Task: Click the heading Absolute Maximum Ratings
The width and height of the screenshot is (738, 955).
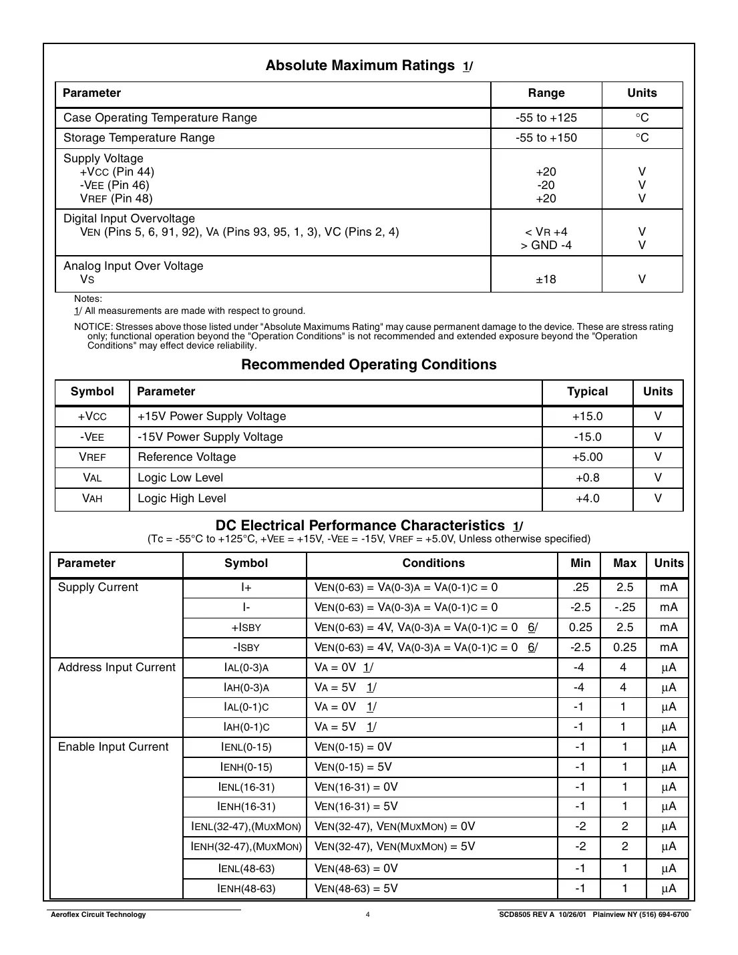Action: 360,65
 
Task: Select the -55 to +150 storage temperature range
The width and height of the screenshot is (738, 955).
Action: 546,138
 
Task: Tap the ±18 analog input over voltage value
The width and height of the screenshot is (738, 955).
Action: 546,279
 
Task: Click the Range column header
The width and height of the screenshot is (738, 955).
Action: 546,93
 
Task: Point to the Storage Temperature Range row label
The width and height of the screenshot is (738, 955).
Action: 139,138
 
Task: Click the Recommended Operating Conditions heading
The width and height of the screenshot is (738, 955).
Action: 369,365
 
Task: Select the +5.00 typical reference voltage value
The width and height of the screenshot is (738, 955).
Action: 587,457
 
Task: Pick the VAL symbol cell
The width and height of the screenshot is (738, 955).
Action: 92,478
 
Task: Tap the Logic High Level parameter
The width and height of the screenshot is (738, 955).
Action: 182,499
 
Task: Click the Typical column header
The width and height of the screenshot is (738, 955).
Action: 587,392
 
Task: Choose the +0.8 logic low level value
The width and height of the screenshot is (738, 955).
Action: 587,478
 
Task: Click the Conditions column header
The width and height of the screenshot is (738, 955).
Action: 433,564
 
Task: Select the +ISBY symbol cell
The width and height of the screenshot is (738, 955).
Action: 246,628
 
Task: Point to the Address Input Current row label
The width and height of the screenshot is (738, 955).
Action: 116,668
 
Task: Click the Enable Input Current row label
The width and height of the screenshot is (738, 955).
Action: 113,747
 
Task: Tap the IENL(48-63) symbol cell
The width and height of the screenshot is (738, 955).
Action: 246,869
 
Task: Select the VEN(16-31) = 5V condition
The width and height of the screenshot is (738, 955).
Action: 356,807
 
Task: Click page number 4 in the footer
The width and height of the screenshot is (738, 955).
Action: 367,915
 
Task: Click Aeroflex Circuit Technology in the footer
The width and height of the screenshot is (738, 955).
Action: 98,915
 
